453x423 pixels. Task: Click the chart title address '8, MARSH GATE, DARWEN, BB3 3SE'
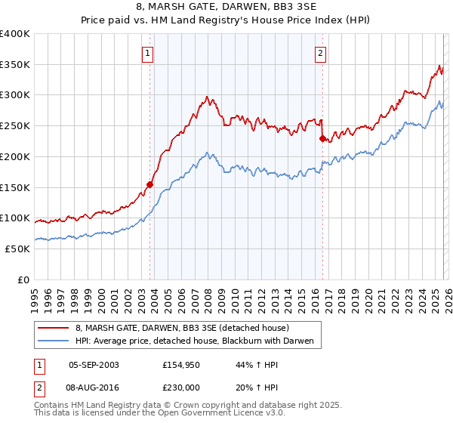[226, 7]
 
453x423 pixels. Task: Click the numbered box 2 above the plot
[321, 53]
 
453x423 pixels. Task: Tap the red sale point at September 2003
[150, 184]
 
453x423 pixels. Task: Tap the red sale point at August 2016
[322, 138]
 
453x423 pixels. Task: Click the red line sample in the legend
[54, 329]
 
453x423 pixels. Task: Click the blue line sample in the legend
[54, 341]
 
